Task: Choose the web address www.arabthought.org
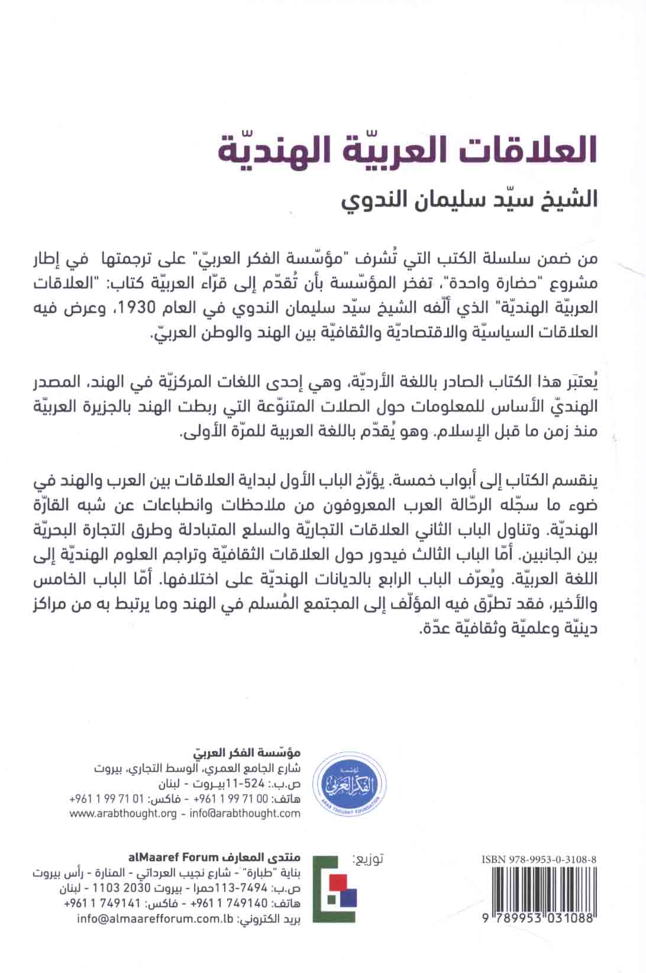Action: pos(124,813)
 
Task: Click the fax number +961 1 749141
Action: pos(106,904)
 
